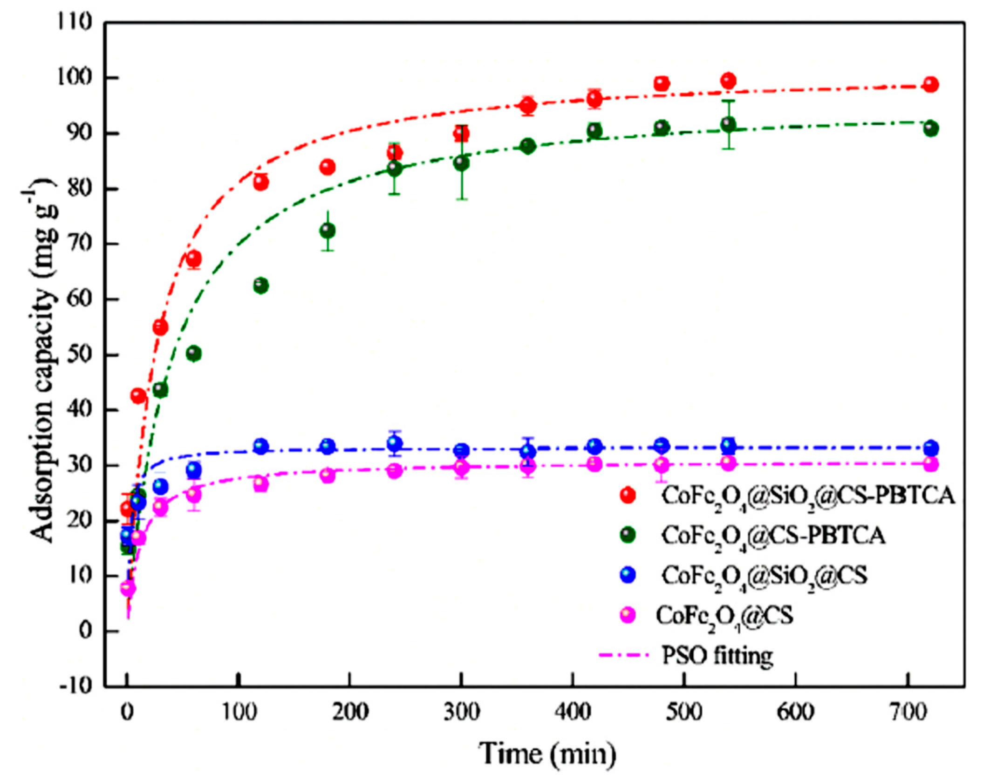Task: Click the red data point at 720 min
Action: coord(930,84)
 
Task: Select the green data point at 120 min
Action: coord(261,285)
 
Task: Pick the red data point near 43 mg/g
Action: coord(138,396)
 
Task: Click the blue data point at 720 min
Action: coord(930,448)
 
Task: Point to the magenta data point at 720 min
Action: coord(930,464)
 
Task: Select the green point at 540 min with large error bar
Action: coord(729,124)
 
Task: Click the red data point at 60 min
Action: coord(194,258)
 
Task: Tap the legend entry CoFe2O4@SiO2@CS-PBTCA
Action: coord(808,496)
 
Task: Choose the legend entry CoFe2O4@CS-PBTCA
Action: coord(773,536)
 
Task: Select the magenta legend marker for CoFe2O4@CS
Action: coord(628,615)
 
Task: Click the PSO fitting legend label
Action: coord(717,655)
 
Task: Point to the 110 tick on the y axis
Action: coord(75,22)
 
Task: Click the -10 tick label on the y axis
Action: coord(75,686)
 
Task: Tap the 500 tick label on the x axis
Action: coord(683,713)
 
